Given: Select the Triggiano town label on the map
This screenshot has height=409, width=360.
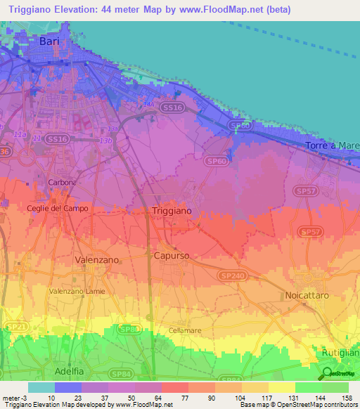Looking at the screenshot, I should (171, 211).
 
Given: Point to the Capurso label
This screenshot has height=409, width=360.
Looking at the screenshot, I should (172, 256).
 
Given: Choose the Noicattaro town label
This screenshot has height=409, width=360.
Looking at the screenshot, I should (307, 296).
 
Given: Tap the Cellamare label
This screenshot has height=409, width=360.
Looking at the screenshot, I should (186, 330).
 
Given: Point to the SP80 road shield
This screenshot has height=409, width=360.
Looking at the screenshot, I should (127, 328).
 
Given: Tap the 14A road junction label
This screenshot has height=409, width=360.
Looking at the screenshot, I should (148, 105).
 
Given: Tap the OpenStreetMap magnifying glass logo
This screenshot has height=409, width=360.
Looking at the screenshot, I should (326, 374).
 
